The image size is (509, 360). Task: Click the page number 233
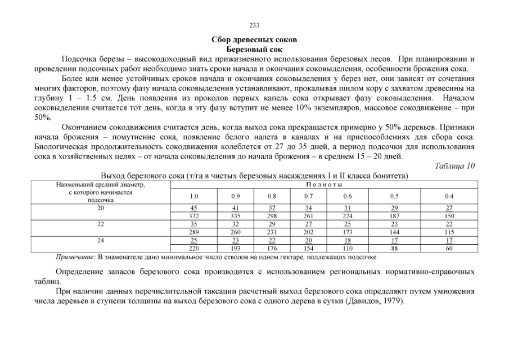(x=254, y=25)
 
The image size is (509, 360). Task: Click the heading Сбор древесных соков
(x=254, y=40)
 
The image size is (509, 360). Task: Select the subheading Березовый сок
(x=254, y=49)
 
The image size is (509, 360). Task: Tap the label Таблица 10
(x=455, y=165)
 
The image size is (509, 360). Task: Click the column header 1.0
(x=194, y=196)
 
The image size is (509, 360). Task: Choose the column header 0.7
(x=309, y=196)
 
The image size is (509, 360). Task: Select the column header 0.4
(x=449, y=196)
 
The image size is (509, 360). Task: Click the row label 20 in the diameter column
(x=101, y=208)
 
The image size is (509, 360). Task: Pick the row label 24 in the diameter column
(x=101, y=240)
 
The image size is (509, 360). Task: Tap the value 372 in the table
(x=194, y=215)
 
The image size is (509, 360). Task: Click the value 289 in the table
(x=194, y=231)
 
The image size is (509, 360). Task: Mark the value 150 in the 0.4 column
(x=449, y=215)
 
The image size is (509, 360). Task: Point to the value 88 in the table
(x=394, y=247)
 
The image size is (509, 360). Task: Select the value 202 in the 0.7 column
(x=309, y=231)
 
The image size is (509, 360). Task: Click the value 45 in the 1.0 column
(x=194, y=208)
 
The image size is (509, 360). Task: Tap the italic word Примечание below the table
(x=76, y=257)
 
